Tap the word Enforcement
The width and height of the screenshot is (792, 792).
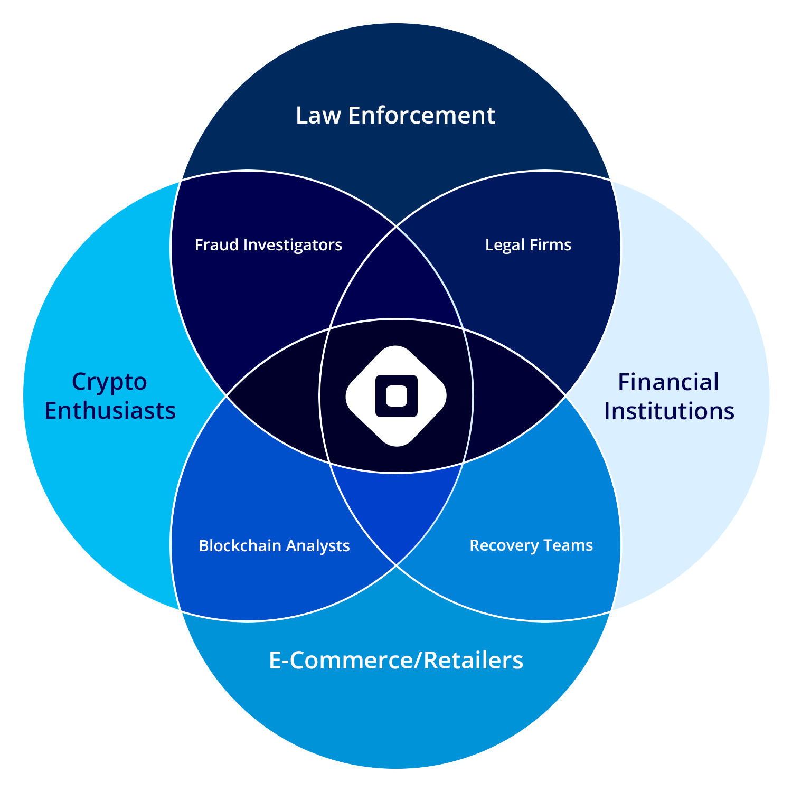(x=421, y=116)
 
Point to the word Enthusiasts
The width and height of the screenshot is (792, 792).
(x=110, y=411)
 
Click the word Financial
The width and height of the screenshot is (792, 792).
(x=668, y=382)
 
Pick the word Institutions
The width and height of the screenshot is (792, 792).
(x=669, y=411)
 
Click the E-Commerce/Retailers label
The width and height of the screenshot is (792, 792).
(x=396, y=661)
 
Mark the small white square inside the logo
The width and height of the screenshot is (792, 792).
(x=396, y=396)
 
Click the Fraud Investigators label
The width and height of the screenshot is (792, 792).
(x=268, y=245)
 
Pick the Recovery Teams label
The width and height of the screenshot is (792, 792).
(x=531, y=545)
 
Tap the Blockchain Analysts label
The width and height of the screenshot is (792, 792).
(x=274, y=545)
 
